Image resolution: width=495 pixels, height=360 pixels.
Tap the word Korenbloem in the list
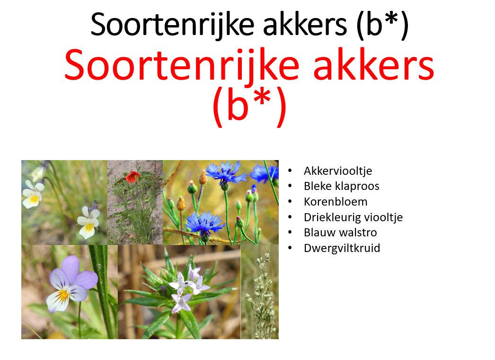click(336, 202)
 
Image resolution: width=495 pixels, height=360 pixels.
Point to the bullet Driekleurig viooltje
click(353, 217)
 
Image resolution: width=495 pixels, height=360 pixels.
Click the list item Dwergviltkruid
click(342, 248)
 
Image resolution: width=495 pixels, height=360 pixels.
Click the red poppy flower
click(132, 177)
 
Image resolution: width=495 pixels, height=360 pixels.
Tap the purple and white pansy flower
click(71, 284)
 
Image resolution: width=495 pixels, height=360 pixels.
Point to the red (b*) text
click(249, 107)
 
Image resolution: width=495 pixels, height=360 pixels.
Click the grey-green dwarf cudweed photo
click(259, 291)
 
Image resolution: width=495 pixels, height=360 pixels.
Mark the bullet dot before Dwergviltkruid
click(291, 248)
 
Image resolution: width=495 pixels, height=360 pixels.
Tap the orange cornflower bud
click(182, 203)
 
